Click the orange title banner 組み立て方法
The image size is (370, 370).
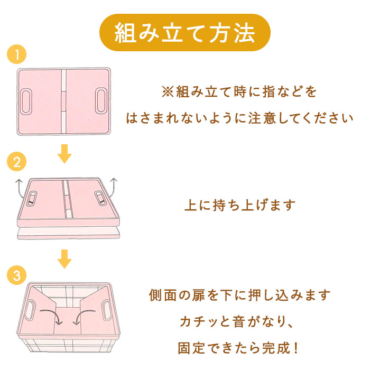tap(185, 32)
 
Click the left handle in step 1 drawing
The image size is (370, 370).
tap(27, 100)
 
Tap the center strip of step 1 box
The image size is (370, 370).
tap(64, 100)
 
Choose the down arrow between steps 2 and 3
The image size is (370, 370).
tap(64, 260)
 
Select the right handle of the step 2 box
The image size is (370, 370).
tap(98, 198)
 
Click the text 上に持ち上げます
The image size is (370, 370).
tap(239, 205)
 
